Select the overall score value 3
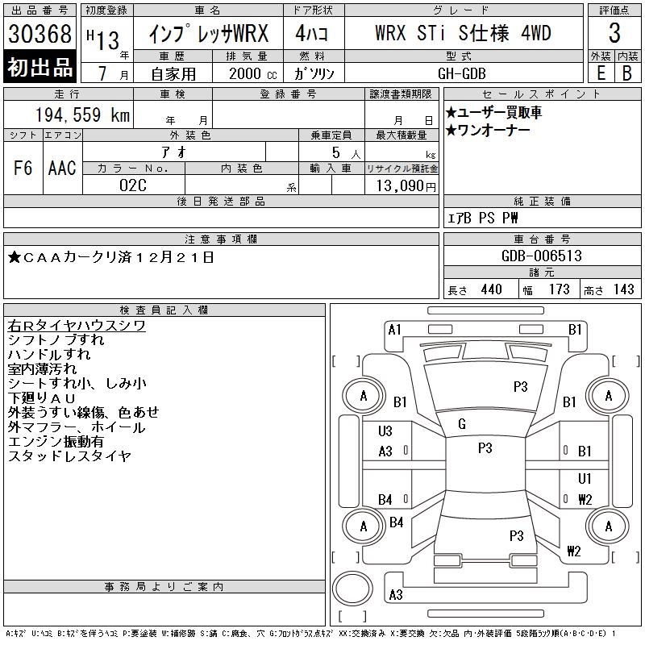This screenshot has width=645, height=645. point(614,34)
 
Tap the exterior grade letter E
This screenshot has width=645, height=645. point(601,72)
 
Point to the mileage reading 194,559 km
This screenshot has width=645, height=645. point(82,115)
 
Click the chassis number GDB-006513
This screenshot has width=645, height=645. point(542,256)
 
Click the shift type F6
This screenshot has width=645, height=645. point(23,168)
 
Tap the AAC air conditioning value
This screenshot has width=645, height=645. point(61,168)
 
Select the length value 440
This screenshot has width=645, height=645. point(491,289)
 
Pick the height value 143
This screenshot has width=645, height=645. point(623,289)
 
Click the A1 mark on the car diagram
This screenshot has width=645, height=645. point(394,329)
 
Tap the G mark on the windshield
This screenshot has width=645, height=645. point(462,424)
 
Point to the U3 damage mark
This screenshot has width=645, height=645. point(385,431)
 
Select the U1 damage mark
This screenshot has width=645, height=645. point(585,479)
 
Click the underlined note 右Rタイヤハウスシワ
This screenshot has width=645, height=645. point(76,325)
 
